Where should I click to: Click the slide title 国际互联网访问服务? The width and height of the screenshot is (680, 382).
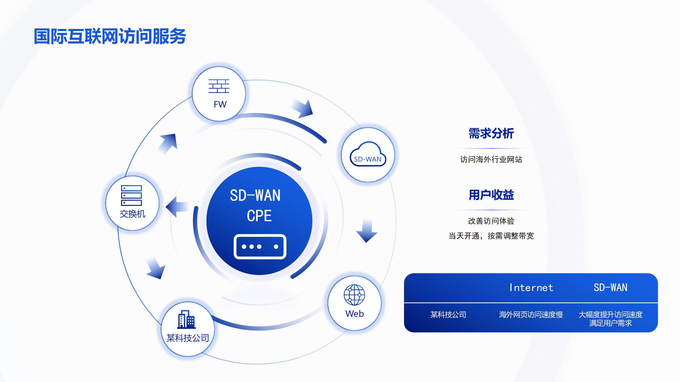(110, 36)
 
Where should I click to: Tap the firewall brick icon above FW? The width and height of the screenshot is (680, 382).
(219, 86)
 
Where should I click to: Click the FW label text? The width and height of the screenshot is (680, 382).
(220, 104)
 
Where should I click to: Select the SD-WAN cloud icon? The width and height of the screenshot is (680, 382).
(368, 154)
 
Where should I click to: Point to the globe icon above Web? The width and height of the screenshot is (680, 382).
(354, 295)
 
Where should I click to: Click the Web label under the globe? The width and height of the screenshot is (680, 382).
(354, 314)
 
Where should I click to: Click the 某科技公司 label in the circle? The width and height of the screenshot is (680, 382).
(188, 338)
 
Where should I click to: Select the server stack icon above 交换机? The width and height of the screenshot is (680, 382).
(131, 196)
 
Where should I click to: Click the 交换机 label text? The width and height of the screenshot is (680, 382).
(132, 214)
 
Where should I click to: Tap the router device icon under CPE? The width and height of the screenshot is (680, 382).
(260, 246)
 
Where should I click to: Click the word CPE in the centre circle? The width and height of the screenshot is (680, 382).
(259, 215)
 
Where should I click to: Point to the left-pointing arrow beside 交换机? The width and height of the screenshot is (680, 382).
(177, 207)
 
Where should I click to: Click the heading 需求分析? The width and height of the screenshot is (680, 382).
(491, 133)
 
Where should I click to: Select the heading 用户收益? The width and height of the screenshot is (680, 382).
(491, 195)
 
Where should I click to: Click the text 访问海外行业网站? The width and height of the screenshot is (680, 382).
(491, 159)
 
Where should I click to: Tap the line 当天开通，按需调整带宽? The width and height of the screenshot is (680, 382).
(491, 236)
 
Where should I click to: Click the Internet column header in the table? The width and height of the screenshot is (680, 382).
(531, 288)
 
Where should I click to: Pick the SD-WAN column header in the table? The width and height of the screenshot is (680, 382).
(610, 288)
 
